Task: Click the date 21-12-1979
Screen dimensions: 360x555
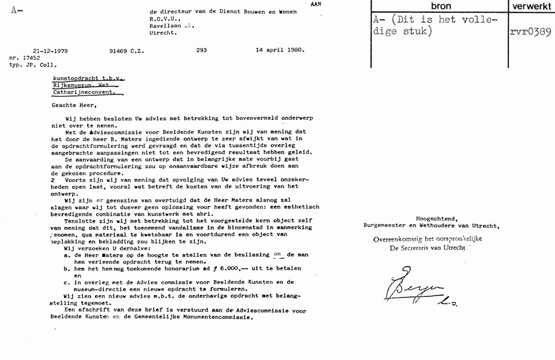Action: point(51,50)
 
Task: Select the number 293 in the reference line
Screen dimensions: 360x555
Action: point(201,50)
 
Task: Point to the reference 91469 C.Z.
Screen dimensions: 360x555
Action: point(127,50)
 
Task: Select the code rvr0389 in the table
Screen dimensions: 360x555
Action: point(530,32)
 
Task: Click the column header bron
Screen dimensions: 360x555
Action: point(441,6)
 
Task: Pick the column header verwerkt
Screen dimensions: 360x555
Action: point(531,6)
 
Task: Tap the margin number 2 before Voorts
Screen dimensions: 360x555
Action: point(52,180)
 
